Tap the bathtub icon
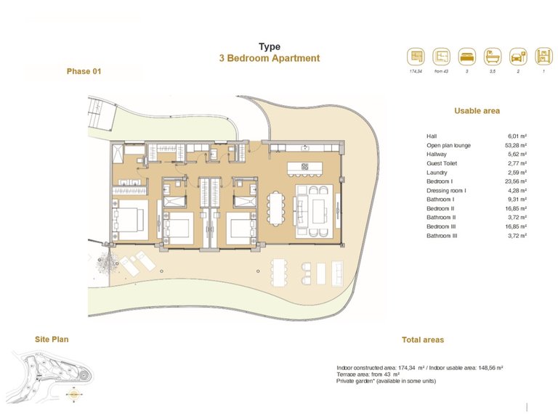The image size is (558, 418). tap(492, 57)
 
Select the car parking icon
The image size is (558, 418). tap(517, 57)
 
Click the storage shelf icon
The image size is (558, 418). tap(543, 57)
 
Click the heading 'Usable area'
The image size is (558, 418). tap(477, 111)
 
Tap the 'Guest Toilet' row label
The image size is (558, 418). tap(442, 163)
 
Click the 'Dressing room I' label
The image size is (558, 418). tap(446, 190)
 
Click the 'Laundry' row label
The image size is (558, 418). tap(437, 172)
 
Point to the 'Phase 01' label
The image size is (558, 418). tap(84, 71)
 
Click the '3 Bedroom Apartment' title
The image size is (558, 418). tap(269, 59)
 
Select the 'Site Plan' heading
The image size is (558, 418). tap(52, 339)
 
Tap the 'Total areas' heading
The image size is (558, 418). tap(422, 340)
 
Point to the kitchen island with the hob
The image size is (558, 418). tap(304, 167)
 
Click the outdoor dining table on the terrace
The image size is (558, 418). tap(280, 272)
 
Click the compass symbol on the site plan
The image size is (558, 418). tap(73, 396)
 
